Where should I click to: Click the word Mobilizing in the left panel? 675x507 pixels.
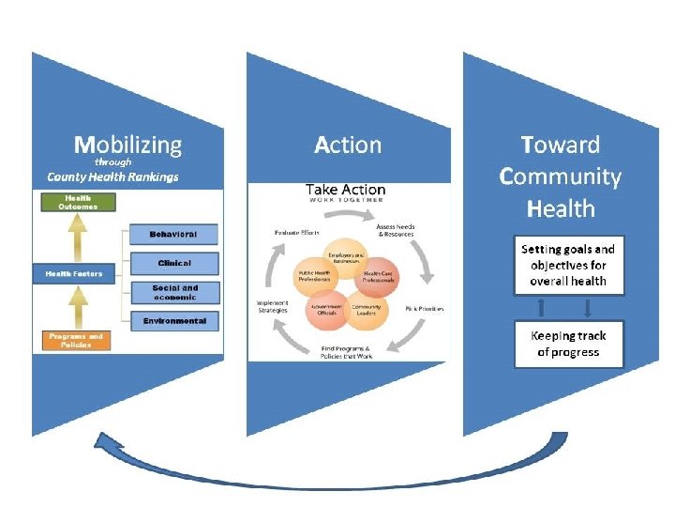[x=128, y=145]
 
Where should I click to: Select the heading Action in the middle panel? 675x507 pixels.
[x=348, y=145]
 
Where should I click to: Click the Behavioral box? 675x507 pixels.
[x=172, y=234]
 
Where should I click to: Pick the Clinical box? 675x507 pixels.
[x=174, y=263]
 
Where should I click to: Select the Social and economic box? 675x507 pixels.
[x=174, y=292]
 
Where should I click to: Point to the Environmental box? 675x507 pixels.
[x=174, y=321]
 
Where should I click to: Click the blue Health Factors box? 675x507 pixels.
[x=74, y=274]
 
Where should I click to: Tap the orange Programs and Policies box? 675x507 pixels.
[x=76, y=340]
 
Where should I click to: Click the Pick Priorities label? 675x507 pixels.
[x=424, y=308]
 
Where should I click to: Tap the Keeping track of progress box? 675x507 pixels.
[x=568, y=344]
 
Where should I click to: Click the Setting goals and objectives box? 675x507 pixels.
[x=568, y=265]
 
